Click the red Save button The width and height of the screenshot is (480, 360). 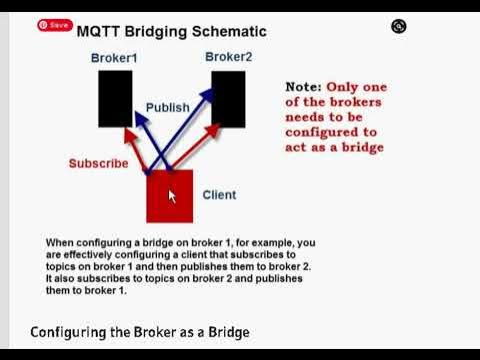[x=55, y=25]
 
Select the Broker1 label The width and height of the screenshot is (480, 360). [x=113, y=58]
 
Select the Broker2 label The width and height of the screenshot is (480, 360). [x=228, y=57]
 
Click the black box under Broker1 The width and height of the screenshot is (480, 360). [x=115, y=98]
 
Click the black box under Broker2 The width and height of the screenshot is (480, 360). [x=228, y=98]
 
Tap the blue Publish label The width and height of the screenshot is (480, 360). [x=167, y=107]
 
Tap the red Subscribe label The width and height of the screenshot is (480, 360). [x=98, y=163]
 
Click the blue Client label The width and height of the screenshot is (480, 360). [x=219, y=195]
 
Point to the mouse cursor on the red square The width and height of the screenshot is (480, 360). [x=171, y=195]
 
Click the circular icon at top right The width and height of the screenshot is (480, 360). [x=399, y=27]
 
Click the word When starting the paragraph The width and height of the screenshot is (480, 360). [x=62, y=243]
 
